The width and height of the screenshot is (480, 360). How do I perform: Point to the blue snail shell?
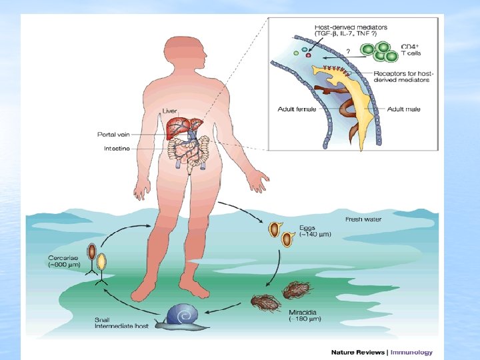coord(182,314)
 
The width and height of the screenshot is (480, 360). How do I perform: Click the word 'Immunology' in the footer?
coord(411,352)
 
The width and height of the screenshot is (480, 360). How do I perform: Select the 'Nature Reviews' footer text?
coord(358,352)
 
